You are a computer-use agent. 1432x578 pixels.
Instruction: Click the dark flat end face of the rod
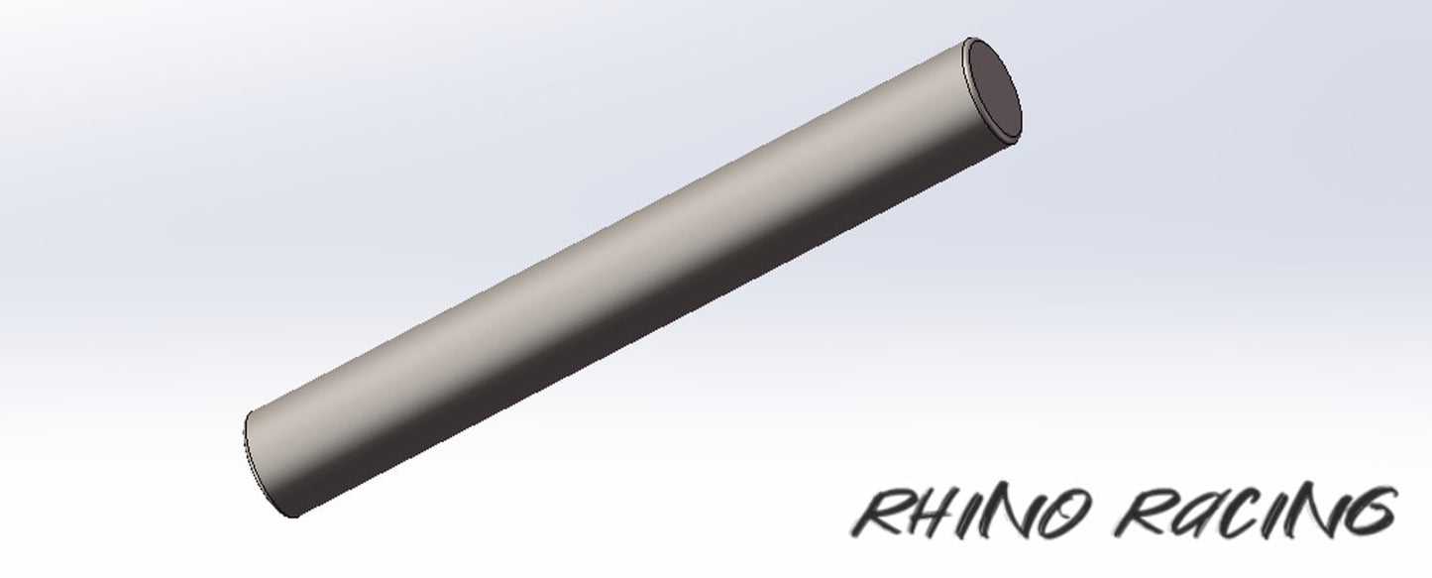(x=993, y=87)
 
